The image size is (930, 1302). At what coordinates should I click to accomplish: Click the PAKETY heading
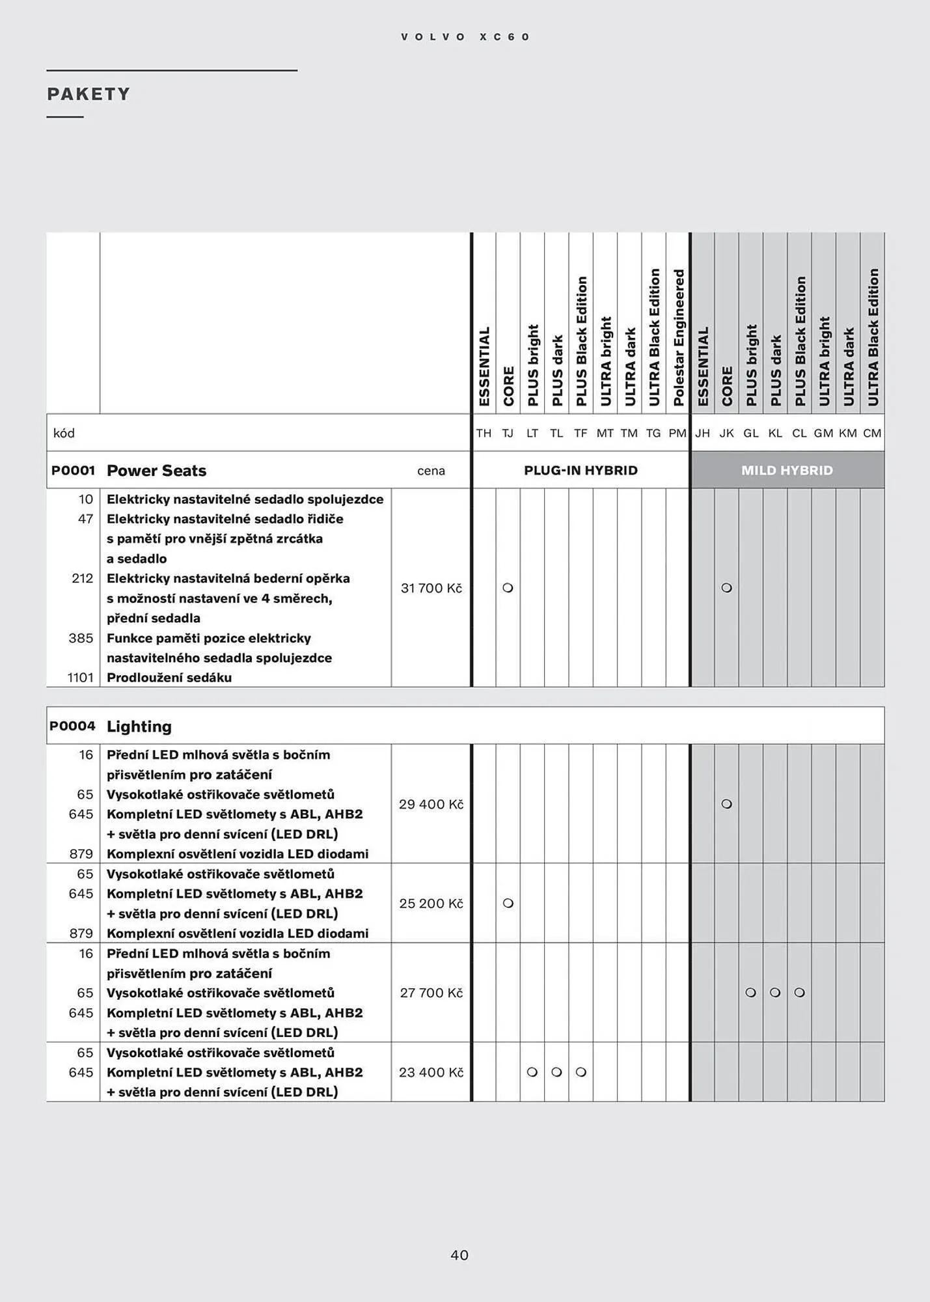pos(89,94)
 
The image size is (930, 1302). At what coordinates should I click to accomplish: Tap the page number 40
pos(459,1254)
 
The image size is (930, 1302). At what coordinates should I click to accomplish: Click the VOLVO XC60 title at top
pos(465,37)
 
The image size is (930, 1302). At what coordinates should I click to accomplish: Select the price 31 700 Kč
pos(431,588)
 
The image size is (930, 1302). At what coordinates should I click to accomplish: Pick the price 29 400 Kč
pos(431,804)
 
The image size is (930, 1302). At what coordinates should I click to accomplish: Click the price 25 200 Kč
pos(431,903)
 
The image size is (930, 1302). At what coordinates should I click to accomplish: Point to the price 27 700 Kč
pos(431,993)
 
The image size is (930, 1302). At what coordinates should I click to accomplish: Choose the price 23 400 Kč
pos(431,1072)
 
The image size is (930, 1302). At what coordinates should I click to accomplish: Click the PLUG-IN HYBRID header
pos(581,470)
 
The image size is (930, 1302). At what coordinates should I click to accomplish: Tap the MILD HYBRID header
pos(787,470)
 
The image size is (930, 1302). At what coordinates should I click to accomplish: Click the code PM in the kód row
pos(677,433)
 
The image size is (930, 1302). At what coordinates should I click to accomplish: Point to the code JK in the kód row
pos(726,433)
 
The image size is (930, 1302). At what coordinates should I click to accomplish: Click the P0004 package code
pos(72,726)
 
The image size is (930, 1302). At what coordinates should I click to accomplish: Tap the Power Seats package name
pos(156,470)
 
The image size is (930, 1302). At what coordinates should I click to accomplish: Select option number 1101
pos(81,678)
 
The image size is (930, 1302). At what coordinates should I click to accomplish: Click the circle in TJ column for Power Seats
pos(508,588)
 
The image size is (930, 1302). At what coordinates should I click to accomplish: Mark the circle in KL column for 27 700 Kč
pos(774,993)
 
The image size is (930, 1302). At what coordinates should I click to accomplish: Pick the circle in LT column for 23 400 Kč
pos(532,1072)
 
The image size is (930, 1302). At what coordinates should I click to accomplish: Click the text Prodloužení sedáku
pos(169,678)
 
